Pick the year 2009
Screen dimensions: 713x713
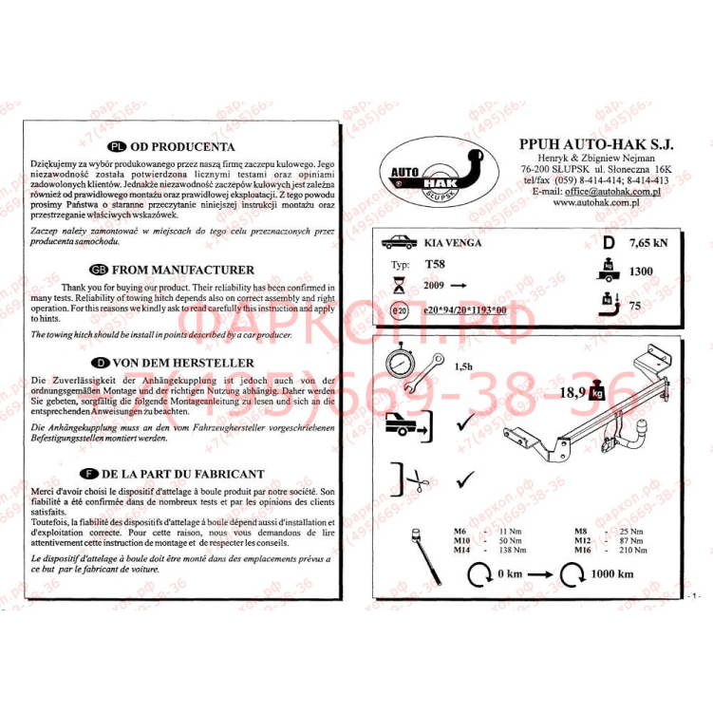click(433, 285)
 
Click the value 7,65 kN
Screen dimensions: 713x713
click(647, 243)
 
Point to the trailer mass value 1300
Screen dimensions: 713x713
click(641, 272)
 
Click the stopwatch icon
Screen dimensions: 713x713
click(404, 366)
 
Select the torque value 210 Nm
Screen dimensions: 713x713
click(634, 550)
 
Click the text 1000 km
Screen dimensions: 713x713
click(612, 574)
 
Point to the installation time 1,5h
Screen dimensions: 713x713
click(464, 365)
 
